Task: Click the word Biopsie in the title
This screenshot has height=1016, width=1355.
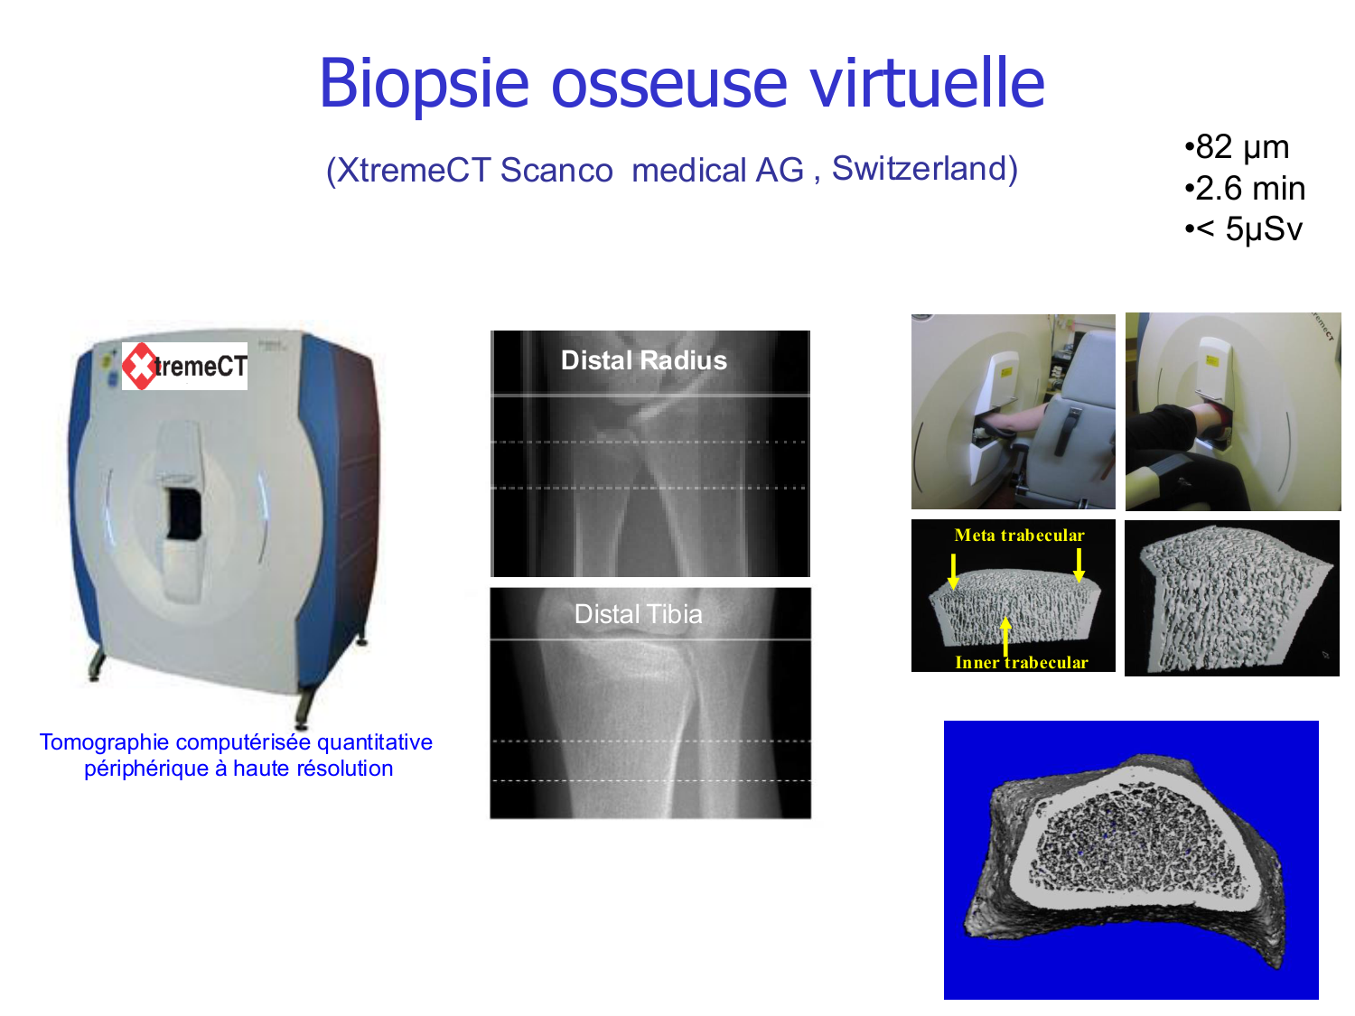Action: click(424, 85)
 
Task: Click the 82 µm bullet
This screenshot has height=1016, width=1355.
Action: click(1237, 147)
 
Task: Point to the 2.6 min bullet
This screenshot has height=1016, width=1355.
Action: click(1245, 188)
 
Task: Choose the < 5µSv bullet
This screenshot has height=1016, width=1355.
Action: click(1243, 228)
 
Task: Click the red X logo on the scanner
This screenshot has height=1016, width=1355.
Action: click(139, 367)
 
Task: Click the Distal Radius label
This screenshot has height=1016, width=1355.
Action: click(644, 360)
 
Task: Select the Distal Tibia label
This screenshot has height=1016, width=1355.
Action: click(639, 614)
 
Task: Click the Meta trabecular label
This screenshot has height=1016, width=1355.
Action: click(1019, 536)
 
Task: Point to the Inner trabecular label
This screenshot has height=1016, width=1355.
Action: click(1021, 663)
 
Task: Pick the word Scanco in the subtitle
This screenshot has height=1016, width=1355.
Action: click(556, 171)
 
